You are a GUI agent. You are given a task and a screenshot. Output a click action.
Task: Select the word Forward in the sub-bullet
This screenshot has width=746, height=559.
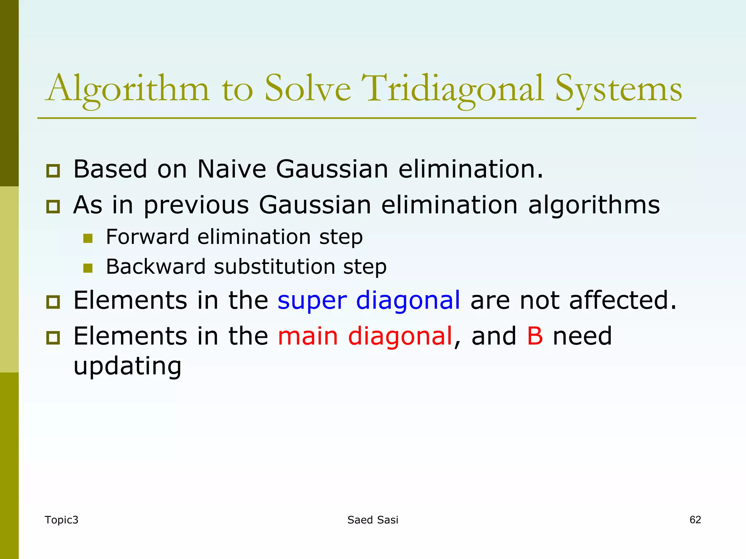[x=148, y=237]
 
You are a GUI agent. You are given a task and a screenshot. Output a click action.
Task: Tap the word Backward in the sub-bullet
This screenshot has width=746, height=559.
[x=156, y=267]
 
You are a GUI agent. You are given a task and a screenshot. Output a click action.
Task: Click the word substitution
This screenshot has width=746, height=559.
[x=274, y=267]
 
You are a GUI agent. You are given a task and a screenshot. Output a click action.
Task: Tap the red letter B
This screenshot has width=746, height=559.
[x=535, y=336]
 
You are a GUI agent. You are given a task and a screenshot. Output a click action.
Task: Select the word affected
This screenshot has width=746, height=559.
[x=623, y=301]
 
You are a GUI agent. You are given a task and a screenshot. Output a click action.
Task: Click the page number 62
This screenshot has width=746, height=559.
[x=695, y=520]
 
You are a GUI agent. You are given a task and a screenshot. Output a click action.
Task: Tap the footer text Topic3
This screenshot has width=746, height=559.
[x=61, y=520]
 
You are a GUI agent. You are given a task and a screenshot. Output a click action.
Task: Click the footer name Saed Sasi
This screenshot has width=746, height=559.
[x=373, y=520]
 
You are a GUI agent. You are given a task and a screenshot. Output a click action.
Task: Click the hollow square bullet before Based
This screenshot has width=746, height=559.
[x=53, y=171]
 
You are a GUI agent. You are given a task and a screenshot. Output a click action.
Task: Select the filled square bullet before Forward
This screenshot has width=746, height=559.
[x=88, y=238]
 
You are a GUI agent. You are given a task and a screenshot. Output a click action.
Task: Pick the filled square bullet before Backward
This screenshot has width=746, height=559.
[x=88, y=268]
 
